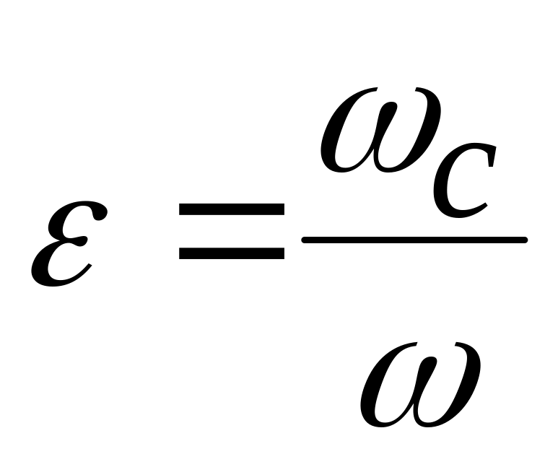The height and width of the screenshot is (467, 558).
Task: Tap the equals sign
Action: coord(231,231)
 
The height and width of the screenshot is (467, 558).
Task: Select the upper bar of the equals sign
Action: coord(231,210)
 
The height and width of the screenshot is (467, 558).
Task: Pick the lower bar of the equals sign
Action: coord(231,253)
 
